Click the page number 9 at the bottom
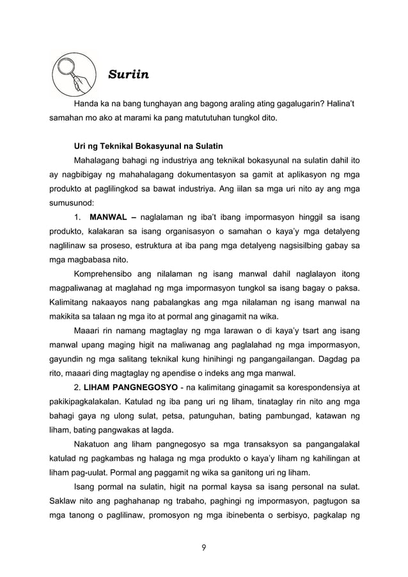204,548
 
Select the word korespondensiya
313,388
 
